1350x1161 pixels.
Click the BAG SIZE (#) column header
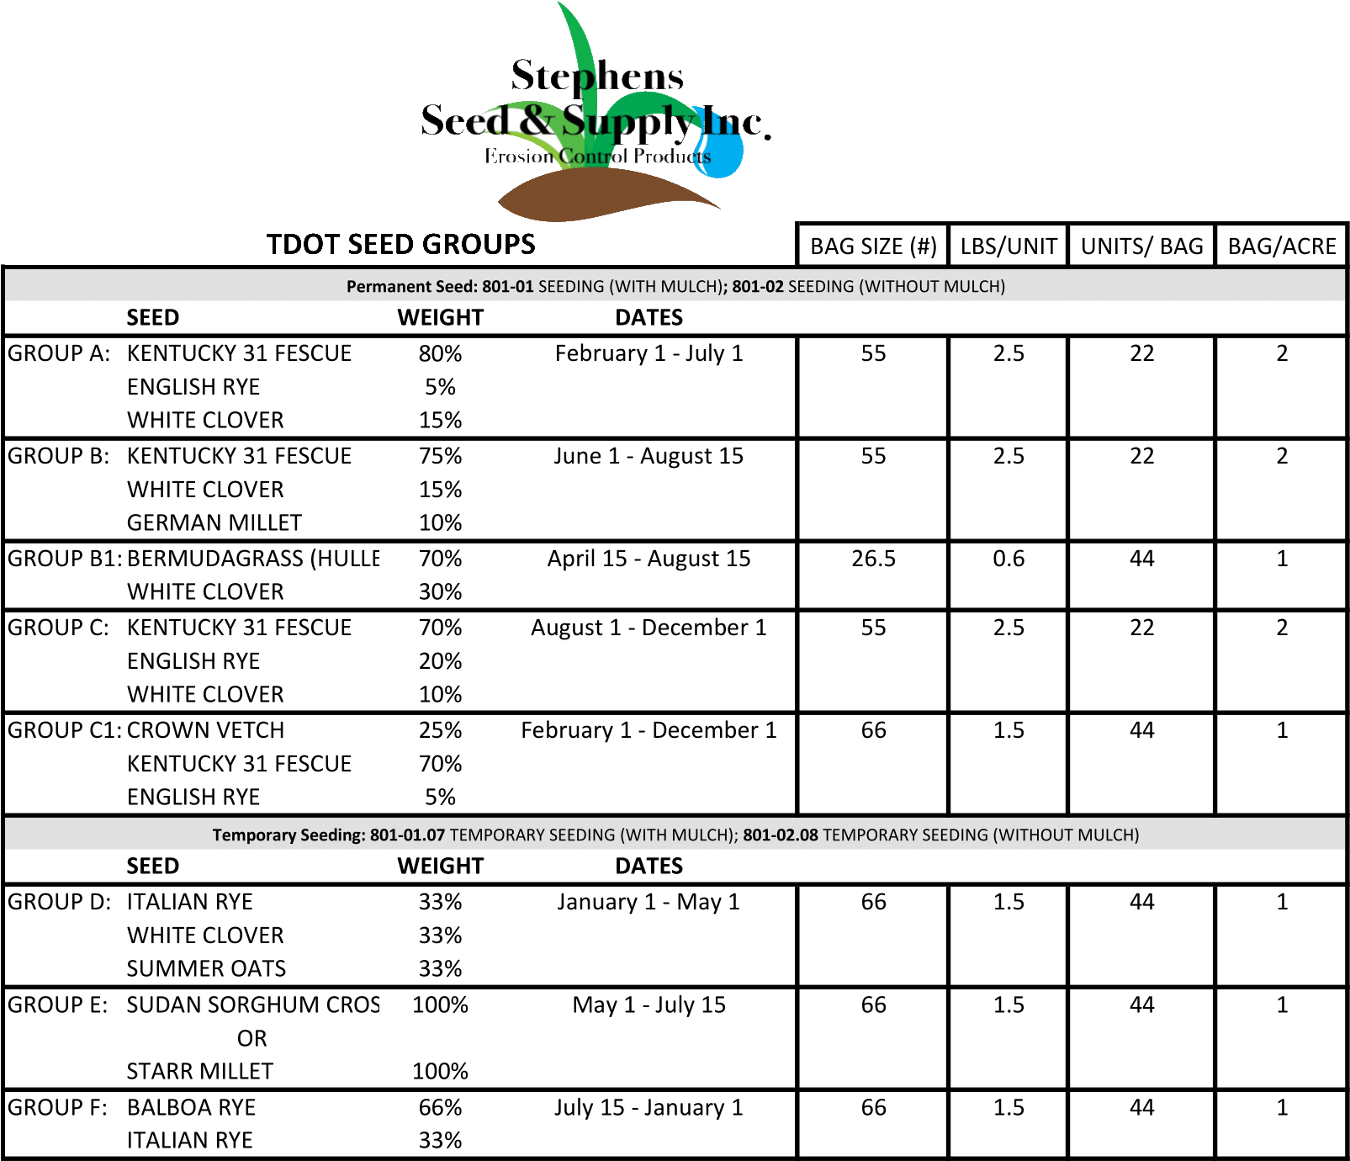tap(872, 246)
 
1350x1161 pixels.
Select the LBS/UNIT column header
tap(1008, 246)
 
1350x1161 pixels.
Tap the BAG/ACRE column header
tap(1281, 246)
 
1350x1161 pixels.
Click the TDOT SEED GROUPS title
tap(400, 244)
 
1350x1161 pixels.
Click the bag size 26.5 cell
tap(873, 559)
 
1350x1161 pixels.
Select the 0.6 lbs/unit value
tap(1008, 559)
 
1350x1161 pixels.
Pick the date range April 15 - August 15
tap(649, 559)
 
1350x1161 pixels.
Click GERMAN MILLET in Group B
tap(214, 522)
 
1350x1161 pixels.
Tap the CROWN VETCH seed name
tap(205, 730)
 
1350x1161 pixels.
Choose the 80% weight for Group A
tap(440, 353)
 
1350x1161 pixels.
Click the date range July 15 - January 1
tap(649, 1107)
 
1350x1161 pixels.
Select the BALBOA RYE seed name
tap(191, 1107)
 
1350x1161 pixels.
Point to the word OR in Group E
tap(251, 1038)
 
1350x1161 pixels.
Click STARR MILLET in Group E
tap(199, 1071)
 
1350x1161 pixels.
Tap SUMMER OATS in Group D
tap(206, 968)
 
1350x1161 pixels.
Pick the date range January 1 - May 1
tap(649, 902)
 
